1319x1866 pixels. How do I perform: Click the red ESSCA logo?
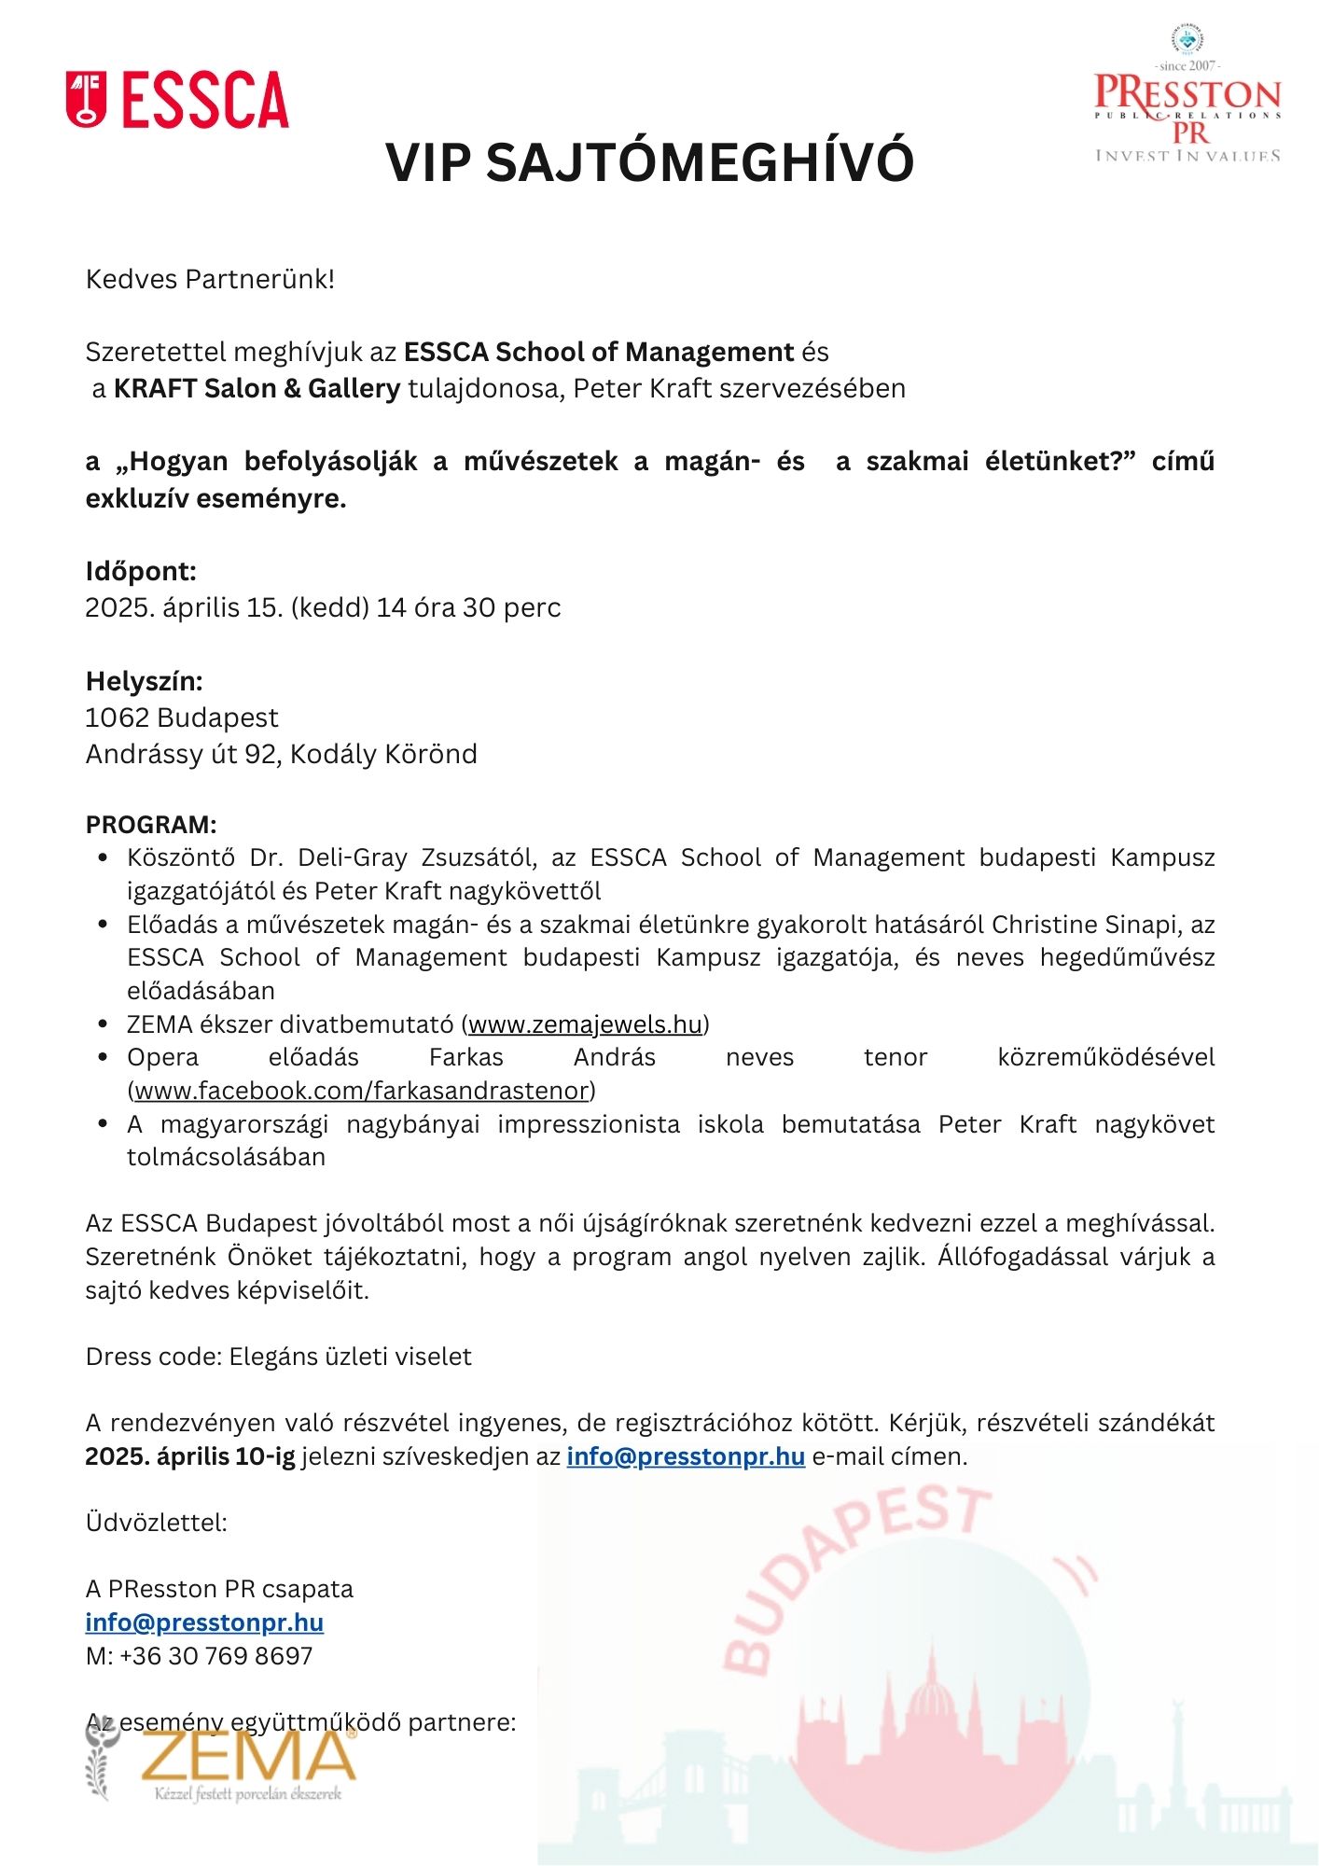tap(177, 100)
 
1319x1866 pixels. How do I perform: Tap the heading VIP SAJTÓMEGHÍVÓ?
tap(650, 162)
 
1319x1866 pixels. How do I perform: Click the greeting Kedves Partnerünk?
tap(210, 279)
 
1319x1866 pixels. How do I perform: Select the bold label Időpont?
tap(141, 571)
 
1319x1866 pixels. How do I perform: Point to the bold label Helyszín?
tap(144, 681)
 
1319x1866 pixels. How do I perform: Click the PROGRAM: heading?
tap(151, 825)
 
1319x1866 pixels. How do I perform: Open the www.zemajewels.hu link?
tap(585, 1024)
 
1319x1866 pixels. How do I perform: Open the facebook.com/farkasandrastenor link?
tap(362, 1091)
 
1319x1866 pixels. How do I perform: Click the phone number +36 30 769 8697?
tap(215, 1656)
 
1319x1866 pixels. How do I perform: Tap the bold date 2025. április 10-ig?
tap(190, 1456)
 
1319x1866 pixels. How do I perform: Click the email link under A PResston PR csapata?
tap(204, 1622)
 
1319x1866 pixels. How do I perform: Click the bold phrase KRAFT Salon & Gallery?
tap(257, 388)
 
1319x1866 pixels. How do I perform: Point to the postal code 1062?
tap(118, 717)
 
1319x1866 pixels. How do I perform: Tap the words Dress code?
tap(154, 1357)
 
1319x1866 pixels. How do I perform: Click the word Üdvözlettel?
tap(156, 1523)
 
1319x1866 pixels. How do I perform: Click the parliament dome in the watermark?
tap(932, 1707)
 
